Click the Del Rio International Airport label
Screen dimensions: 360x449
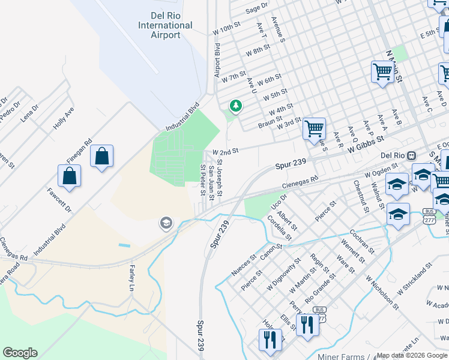(x=165, y=25)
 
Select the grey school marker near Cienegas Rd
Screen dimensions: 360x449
(x=165, y=224)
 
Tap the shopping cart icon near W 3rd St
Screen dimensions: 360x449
(x=315, y=128)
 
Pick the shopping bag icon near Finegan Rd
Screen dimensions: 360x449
(x=102, y=157)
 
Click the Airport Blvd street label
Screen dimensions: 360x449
(x=218, y=59)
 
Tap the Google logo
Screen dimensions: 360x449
(x=20, y=353)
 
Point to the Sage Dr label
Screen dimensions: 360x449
(x=256, y=7)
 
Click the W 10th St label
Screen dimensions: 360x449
(x=226, y=28)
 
